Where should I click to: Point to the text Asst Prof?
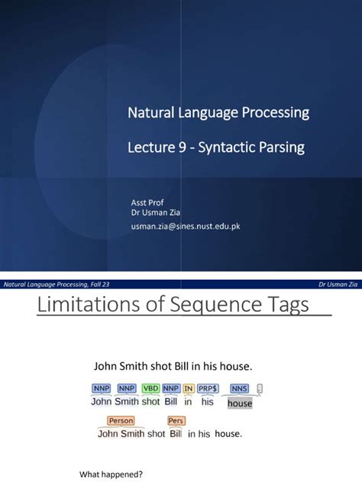pyautogui.click(x=148, y=203)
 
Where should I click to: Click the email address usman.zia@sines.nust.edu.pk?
pyautogui.click(x=186, y=226)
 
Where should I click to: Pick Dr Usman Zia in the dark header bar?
pyautogui.click(x=338, y=284)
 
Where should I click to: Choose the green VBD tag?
pyautogui.click(x=150, y=388)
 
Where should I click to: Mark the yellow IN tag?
pyautogui.click(x=189, y=388)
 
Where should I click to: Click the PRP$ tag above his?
pyautogui.click(x=208, y=388)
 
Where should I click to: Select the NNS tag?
pyautogui.click(x=240, y=388)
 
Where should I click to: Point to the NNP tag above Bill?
pyautogui.click(x=170, y=388)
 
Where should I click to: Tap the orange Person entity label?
pyautogui.click(x=121, y=420)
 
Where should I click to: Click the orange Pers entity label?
pyautogui.click(x=176, y=420)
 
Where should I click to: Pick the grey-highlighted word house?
pyautogui.click(x=240, y=403)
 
